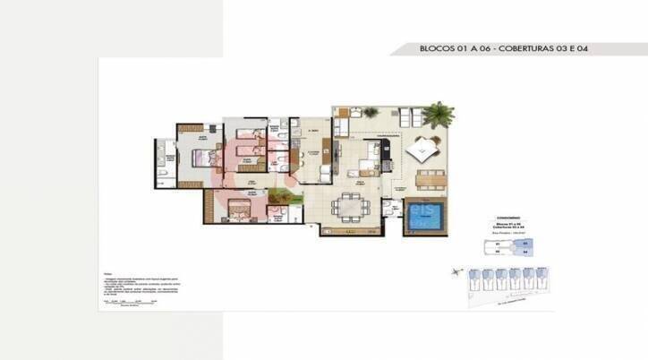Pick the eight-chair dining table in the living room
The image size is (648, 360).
pos(349,207)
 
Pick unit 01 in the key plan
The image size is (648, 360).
pos(498,243)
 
